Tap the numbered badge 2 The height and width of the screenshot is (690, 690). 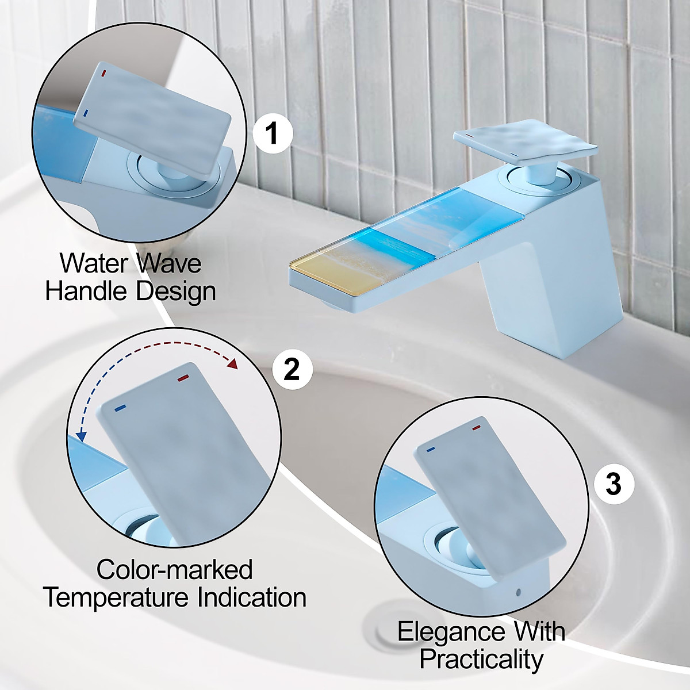pos(293,369)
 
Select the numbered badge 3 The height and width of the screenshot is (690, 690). pos(614,484)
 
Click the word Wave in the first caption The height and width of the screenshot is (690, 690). pos(169,263)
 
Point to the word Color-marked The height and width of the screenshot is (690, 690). pos(174,570)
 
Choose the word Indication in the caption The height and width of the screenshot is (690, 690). pos(252,597)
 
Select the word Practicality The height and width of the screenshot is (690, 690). pos(481,660)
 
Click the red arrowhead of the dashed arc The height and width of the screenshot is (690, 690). pos(233,363)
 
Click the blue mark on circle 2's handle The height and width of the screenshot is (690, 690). pos(120,408)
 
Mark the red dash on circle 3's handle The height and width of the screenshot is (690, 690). pos(476,428)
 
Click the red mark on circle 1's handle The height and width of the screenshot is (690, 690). pos(103,74)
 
